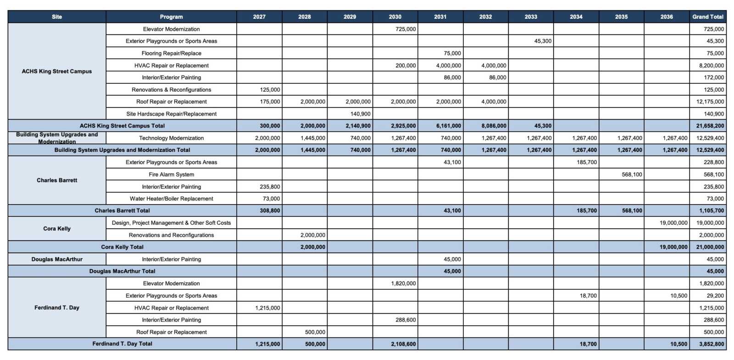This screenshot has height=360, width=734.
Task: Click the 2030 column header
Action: pos(395,17)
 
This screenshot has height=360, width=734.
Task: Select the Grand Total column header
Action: pos(707,17)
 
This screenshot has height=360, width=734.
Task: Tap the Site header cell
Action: pos(57,17)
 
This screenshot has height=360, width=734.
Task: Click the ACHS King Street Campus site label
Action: pos(57,71)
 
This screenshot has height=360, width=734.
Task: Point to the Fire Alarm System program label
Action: pos(171,174)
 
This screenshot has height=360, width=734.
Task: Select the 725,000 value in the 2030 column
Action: pos(406,29)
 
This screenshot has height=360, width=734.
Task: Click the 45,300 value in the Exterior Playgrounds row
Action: pos(543,41)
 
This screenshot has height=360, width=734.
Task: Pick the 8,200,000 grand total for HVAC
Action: pos(712,66)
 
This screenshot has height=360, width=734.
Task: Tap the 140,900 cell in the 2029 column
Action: pos(360,114)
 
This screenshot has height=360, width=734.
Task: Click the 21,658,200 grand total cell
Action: pos(710,126)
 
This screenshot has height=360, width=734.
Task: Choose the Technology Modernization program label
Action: pos(171,138)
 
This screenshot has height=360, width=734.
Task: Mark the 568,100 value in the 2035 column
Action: pos(632,174)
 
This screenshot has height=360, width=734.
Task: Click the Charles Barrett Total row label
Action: pos(122,210)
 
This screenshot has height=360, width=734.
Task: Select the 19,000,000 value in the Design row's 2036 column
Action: pos(673,223)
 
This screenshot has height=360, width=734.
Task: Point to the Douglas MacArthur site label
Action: pos(57,259)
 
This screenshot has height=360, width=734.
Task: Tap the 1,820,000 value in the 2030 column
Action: pos(403,283)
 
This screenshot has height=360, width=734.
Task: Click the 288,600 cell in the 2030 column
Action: pos(406,320)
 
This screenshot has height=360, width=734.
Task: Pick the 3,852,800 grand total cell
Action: pos(712,344)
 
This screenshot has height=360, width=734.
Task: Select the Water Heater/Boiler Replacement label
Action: pos(171,199)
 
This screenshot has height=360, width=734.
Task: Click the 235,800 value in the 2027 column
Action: pos(269,187)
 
